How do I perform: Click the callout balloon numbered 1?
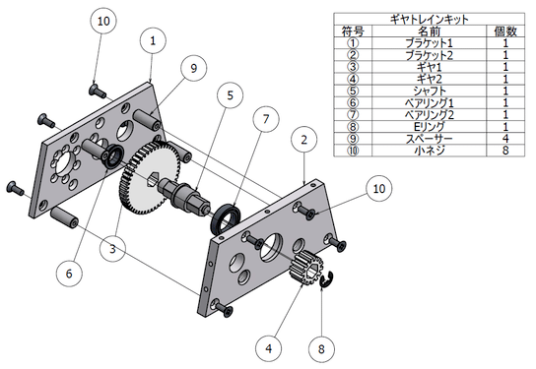(x=153, y=40)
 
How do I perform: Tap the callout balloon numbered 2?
(x=303, y=140)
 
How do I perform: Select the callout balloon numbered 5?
(x=230, y=95)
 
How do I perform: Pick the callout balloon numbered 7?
(x=266, y=119)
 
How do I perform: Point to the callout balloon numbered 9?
(x=194, y=68)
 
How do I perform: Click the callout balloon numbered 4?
(x=269, y=348)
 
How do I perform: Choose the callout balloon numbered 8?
(x=321, y=349)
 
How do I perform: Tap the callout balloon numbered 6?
(x=69, y=274)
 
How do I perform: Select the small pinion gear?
(x=305, y=267)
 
